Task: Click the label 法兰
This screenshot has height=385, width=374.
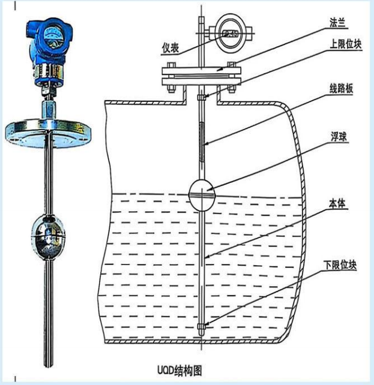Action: (337, 23)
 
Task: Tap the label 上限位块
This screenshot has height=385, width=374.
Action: (346, 44)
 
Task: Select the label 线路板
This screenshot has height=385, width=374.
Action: (342, 88)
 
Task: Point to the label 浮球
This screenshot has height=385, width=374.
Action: (339, 137)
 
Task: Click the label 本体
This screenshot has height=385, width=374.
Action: (337, 203)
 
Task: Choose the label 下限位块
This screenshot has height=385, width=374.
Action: (340, 265)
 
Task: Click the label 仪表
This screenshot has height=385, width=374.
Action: (170, 48)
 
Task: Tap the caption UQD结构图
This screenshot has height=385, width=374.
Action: (179, 370)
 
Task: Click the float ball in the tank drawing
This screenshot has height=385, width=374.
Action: (202, 195)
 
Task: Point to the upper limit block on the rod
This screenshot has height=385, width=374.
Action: (202, 98)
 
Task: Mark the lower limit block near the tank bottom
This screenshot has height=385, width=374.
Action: (202, 326)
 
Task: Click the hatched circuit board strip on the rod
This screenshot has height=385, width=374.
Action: (202, 142)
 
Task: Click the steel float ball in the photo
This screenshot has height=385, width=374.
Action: (48, 237)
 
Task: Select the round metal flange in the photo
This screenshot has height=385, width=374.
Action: (48, 133)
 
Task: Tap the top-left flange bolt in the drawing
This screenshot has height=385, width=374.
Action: (171, 65)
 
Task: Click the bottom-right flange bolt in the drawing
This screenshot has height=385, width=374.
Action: (231, 89)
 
